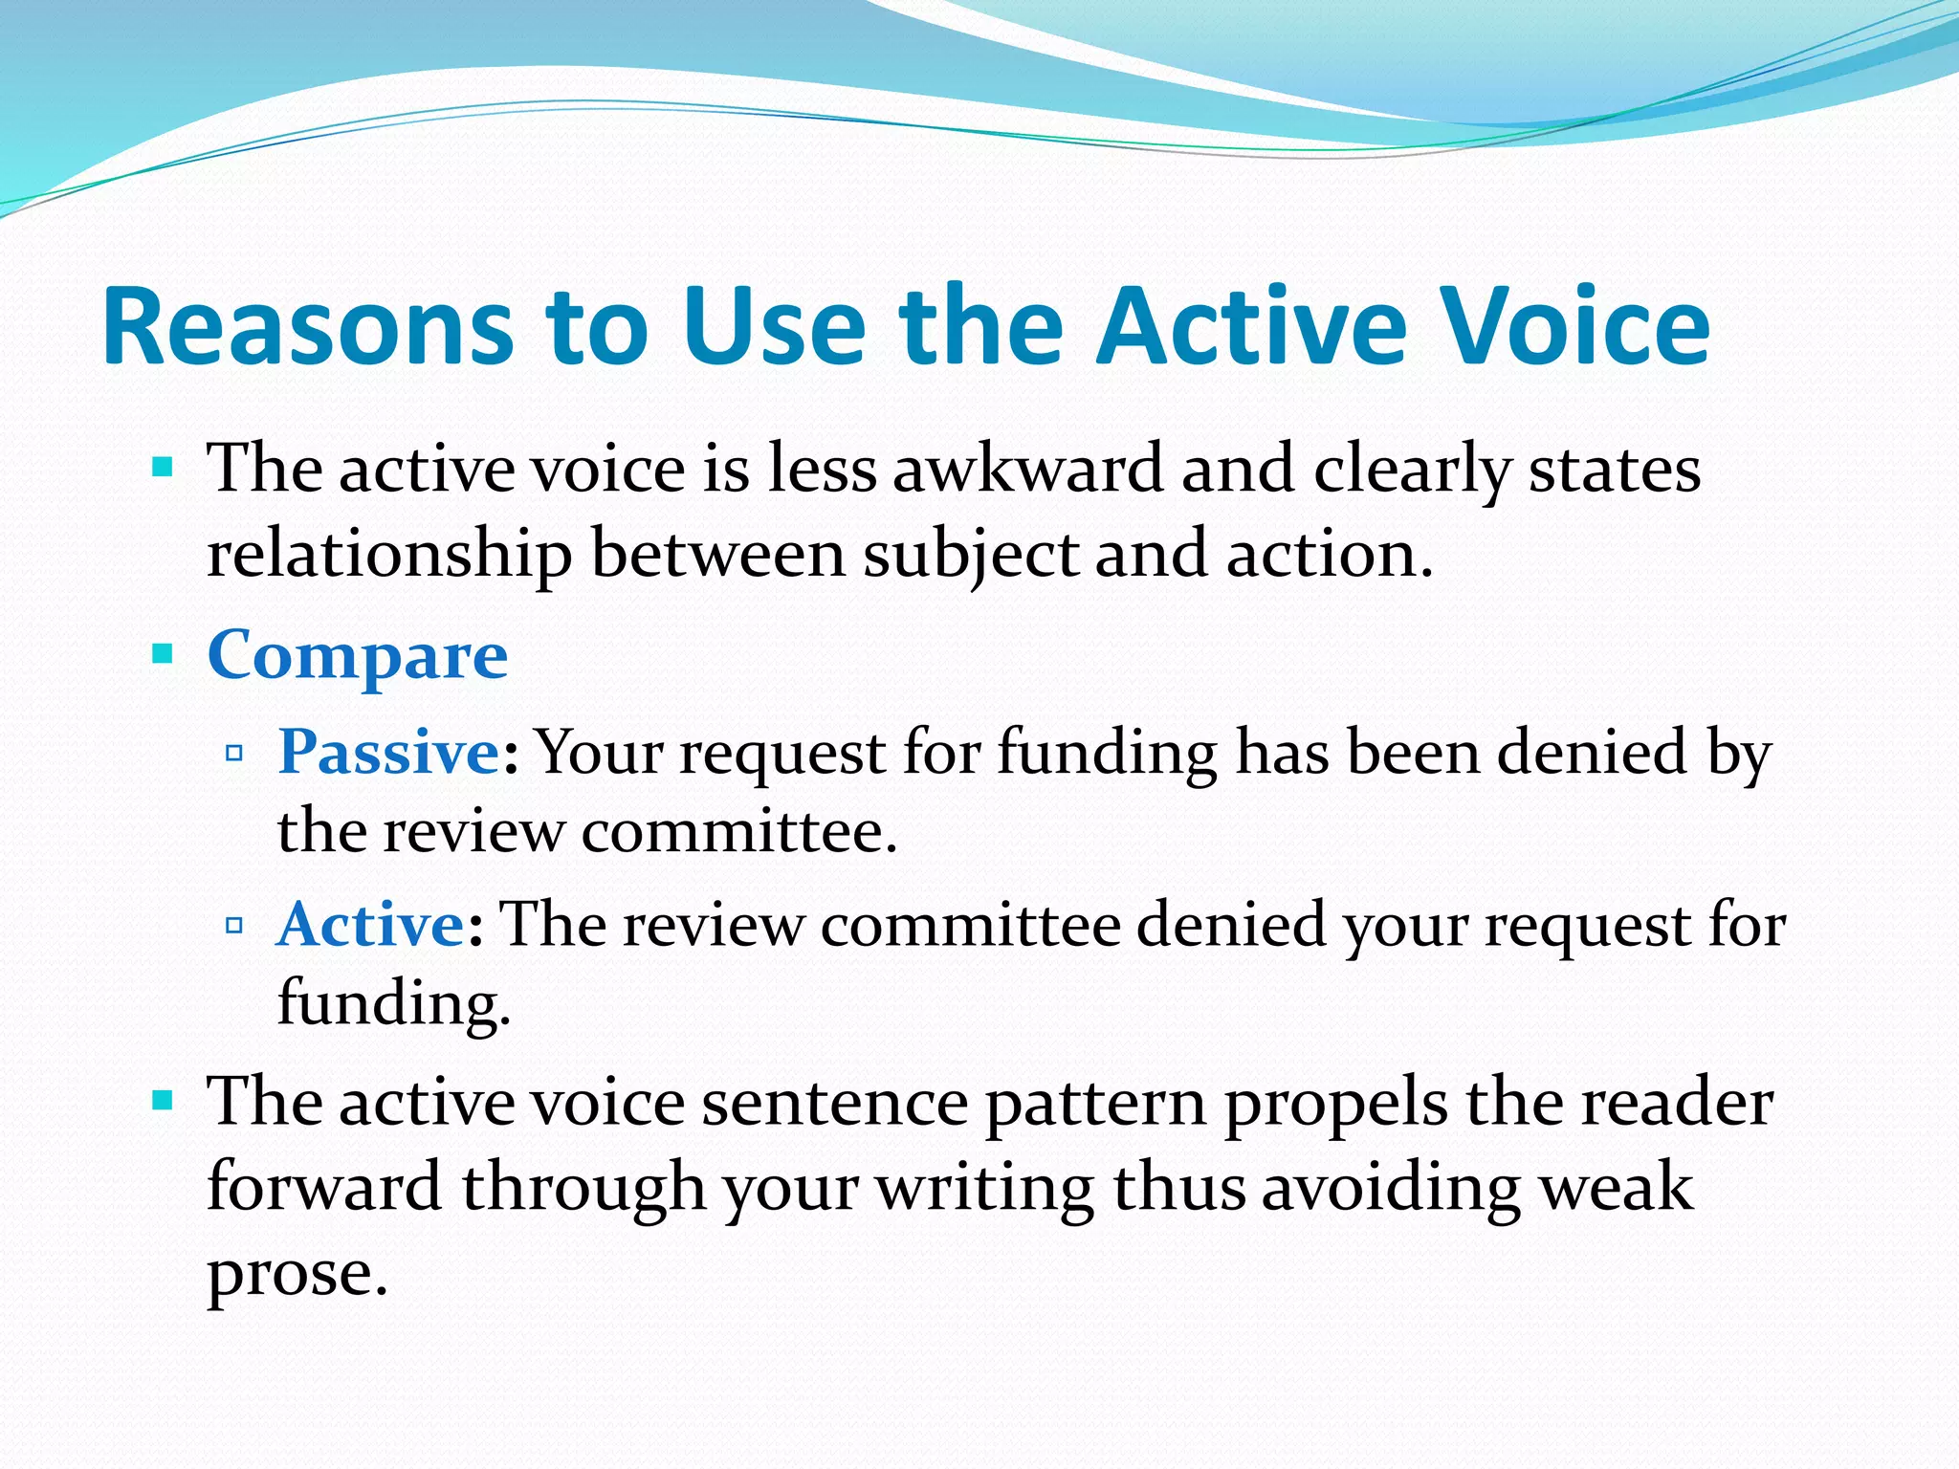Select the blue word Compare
click(x=357, y=657)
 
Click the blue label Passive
click(x=387, y=752)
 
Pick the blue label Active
click(x=371, y=925)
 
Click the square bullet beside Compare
click(x=163, y=655)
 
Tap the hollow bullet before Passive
click(x=234, y=754)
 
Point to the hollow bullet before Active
click(x=234, y=926)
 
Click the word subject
click(x=970, y=555)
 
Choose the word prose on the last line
click(x=297, y=1275)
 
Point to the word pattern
click(x=1095, y=1103)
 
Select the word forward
click(x=324, y=1187)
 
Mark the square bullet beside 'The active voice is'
click(x=163, y=469)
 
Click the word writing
click(x=984, y=1187)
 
